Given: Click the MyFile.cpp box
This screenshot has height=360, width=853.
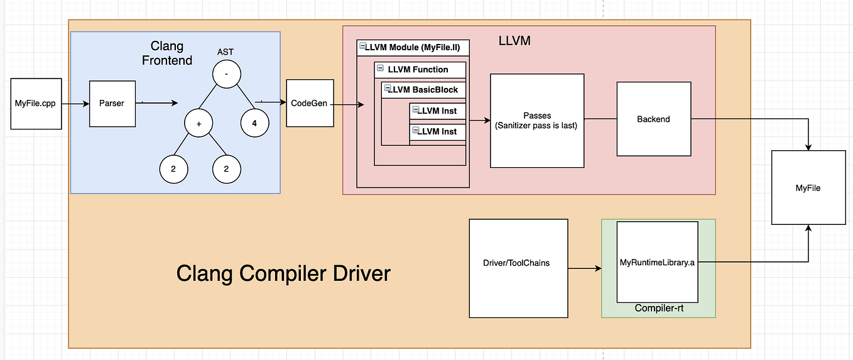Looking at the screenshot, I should coord(36,104).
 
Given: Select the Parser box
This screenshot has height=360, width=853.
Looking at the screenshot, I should coord(112,103).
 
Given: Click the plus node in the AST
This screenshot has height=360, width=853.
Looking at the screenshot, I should coord(199,124).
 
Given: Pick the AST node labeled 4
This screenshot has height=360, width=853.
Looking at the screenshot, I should coord(254,124).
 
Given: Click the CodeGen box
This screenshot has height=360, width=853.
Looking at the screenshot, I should coord(309,103).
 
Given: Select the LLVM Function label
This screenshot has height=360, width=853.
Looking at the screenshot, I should coord(418,69).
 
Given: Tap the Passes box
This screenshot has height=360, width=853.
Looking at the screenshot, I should coord(537,121).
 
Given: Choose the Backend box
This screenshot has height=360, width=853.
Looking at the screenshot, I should coord(653,119).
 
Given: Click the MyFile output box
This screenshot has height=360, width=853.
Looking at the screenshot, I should coord(808,187).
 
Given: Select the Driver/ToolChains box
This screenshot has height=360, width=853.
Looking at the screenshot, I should coord(519,268).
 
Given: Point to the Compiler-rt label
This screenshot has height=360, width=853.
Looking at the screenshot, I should coord(658,308).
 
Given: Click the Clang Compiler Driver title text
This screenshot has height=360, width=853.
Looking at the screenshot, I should coord(283,273).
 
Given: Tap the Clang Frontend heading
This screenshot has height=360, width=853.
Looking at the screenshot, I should coord(167,53).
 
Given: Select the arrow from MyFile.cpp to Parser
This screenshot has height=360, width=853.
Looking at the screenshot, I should coord(75,104).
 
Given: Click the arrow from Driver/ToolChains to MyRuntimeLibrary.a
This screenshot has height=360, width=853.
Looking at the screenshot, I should coord(584,269).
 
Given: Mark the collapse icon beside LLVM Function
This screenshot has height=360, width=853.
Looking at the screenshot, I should coord(380,68).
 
